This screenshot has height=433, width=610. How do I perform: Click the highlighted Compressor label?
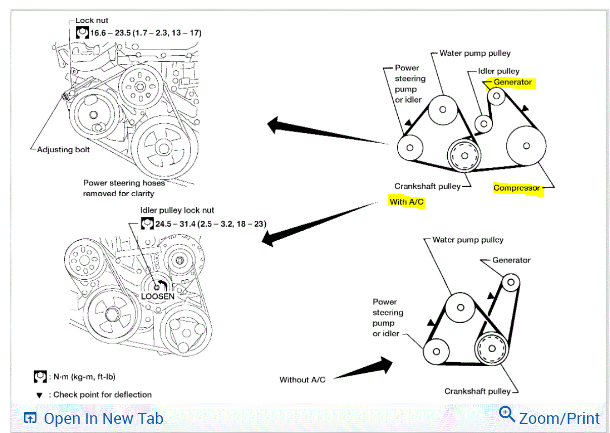tap(517, 188)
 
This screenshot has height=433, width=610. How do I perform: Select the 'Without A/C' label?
tap(302, 379)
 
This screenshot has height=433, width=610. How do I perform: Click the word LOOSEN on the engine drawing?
tap(158, 296)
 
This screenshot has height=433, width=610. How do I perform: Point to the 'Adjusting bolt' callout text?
tap(64, 150)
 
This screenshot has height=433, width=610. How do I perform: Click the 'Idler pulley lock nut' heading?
tap(177, 210)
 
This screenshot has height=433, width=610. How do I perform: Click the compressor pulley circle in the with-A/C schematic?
tap(526, 146)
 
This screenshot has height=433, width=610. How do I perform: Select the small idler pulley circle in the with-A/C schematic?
tap(484, 123)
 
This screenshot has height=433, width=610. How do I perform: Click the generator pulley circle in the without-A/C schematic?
tap(510, 282)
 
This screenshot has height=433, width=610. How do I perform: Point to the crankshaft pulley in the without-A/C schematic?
tap(491, 349)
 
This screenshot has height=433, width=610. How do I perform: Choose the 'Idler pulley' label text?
tap(498, 71)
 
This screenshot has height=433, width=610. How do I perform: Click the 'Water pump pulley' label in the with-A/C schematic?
tap(475, 53)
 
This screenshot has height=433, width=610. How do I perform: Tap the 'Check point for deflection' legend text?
tap(102, 395)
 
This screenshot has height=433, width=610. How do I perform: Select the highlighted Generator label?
tap(512, 82)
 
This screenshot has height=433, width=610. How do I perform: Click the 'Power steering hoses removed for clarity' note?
tap(124, 188)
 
